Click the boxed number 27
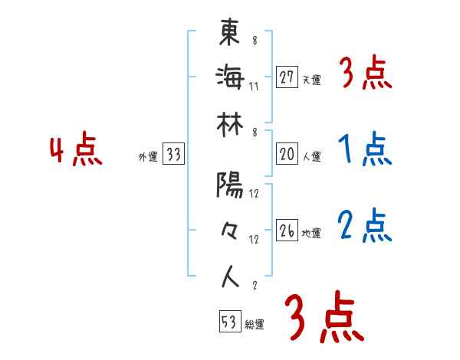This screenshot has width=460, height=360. point(287,77)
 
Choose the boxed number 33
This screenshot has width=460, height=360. point(173,155)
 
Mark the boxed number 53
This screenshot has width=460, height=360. point(228,322)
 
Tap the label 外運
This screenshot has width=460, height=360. point(147,157)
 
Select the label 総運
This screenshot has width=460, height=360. point(254,325)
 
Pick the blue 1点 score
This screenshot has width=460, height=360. point(364,151)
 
